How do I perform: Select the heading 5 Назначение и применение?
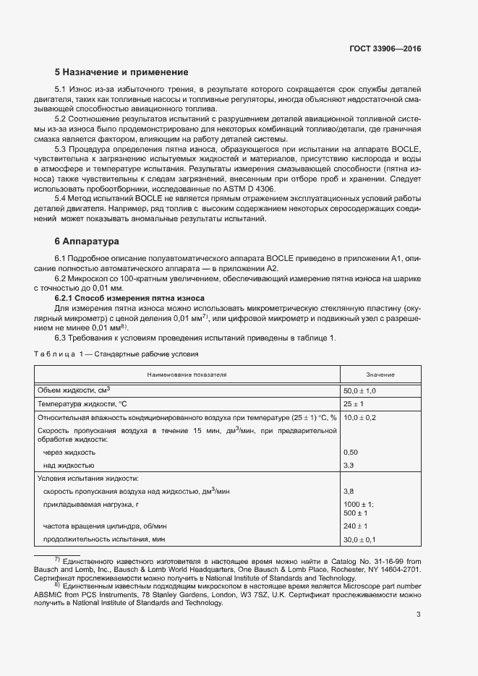[121, 72]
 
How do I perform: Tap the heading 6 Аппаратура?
[88, 241]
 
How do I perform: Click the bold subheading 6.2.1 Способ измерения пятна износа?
[129, 298]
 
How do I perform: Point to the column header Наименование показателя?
[187, 375]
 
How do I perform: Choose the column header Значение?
[380, 375]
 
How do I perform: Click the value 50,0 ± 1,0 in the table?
[360, 390]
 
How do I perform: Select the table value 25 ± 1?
[353, 404]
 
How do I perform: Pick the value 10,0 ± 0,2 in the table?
[360, 418]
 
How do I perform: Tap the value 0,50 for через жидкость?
[350, 452]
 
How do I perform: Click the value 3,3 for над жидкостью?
[348, 465]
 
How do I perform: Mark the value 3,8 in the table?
[348, 492]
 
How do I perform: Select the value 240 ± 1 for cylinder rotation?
[355, 526]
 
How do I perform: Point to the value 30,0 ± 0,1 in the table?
[359, 540]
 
